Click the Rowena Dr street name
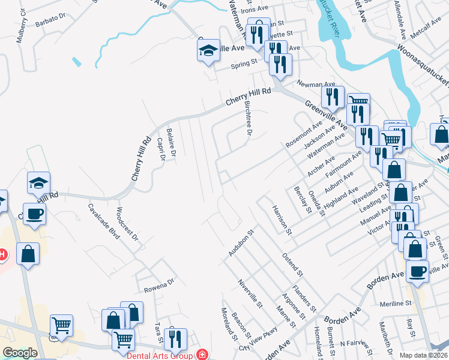coord(158,282)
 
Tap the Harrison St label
coord(282,220)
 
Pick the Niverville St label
coord(251,293)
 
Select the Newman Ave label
coord(321,85)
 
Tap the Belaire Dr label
coord(171,142)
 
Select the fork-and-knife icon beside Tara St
coord(175,338)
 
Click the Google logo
coord(20,353)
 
